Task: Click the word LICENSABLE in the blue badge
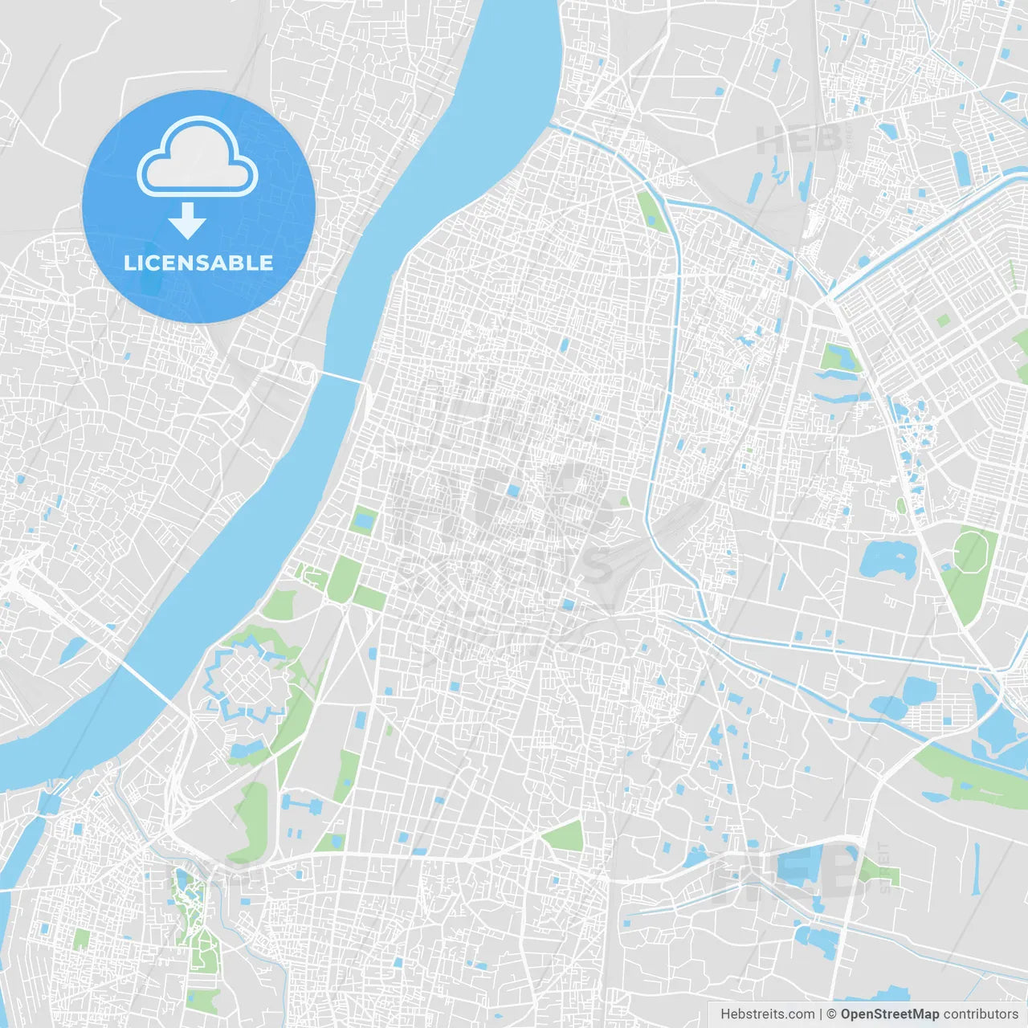coord(198,263)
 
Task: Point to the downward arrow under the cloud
coord(187,221)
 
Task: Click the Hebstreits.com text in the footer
coord(767,1014)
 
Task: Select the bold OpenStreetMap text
coord(890,1014)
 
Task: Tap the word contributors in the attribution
coord(981,1014)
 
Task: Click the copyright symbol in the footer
coord(832,1014)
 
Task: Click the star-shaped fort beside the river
coord(247,683)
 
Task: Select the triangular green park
coord(566,837)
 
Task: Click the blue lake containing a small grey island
coord(887,559)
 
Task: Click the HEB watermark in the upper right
coord(799,141)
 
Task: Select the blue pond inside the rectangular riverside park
coord(364,522)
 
